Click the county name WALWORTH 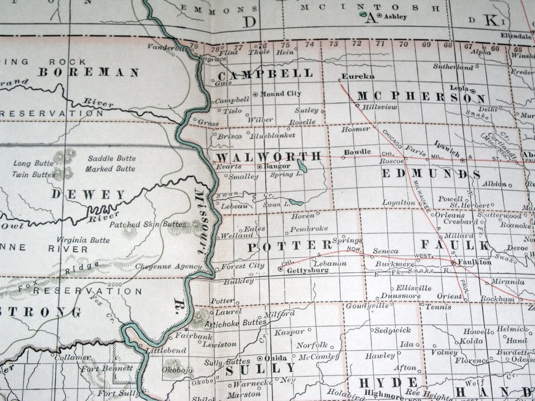point(269,156)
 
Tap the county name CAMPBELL point(265,75)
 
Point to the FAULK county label point(455,245)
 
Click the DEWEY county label point(89,195)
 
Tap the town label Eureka point(358,76)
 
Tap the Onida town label point(277,358)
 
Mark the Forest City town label point(242,266)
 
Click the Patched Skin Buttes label point(147,224)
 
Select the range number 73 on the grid point(333,44)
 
